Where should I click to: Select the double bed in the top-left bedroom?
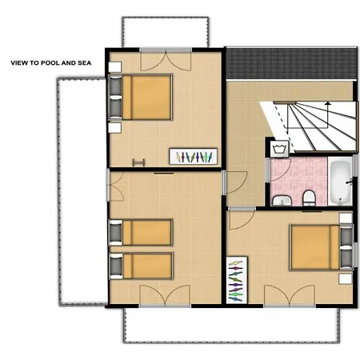pyautogui.click(x=146, y=97)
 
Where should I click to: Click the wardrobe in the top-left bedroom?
pyautogui.click(x=192, y=155)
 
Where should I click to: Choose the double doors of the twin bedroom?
pyautogui.click(x=165, y=294)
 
